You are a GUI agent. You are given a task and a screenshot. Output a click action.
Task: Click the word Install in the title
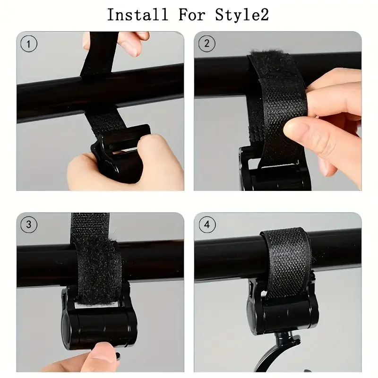tap(137, 15)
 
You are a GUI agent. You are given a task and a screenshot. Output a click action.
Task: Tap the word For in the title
tap(191, 15)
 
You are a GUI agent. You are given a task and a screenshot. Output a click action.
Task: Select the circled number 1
tap(29, 44)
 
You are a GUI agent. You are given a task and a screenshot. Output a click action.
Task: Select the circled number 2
tap(206, 44)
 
